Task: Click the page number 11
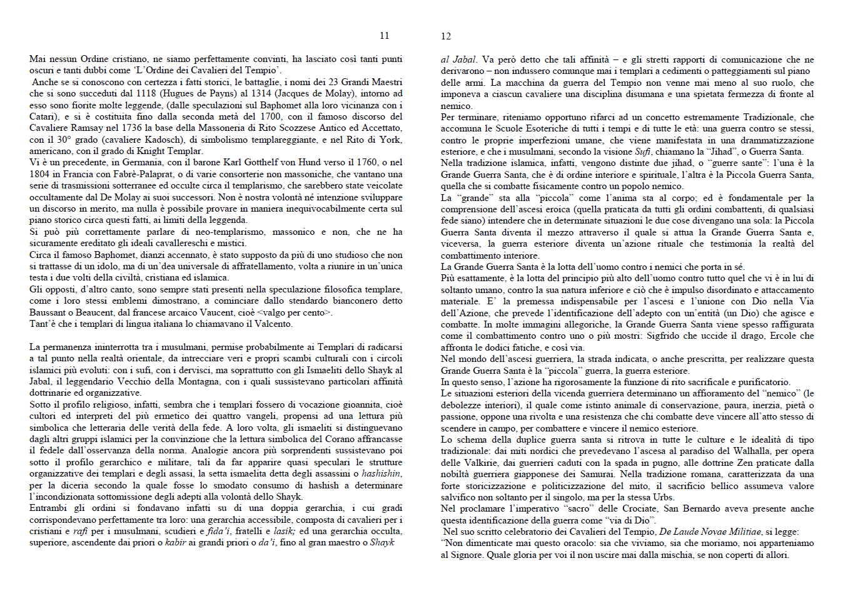point(384,36)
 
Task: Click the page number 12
point(446,36)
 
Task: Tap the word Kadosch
point(164,140)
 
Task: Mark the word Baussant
point(48,312)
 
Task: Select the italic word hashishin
point(381,473)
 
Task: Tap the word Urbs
point(664,497)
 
